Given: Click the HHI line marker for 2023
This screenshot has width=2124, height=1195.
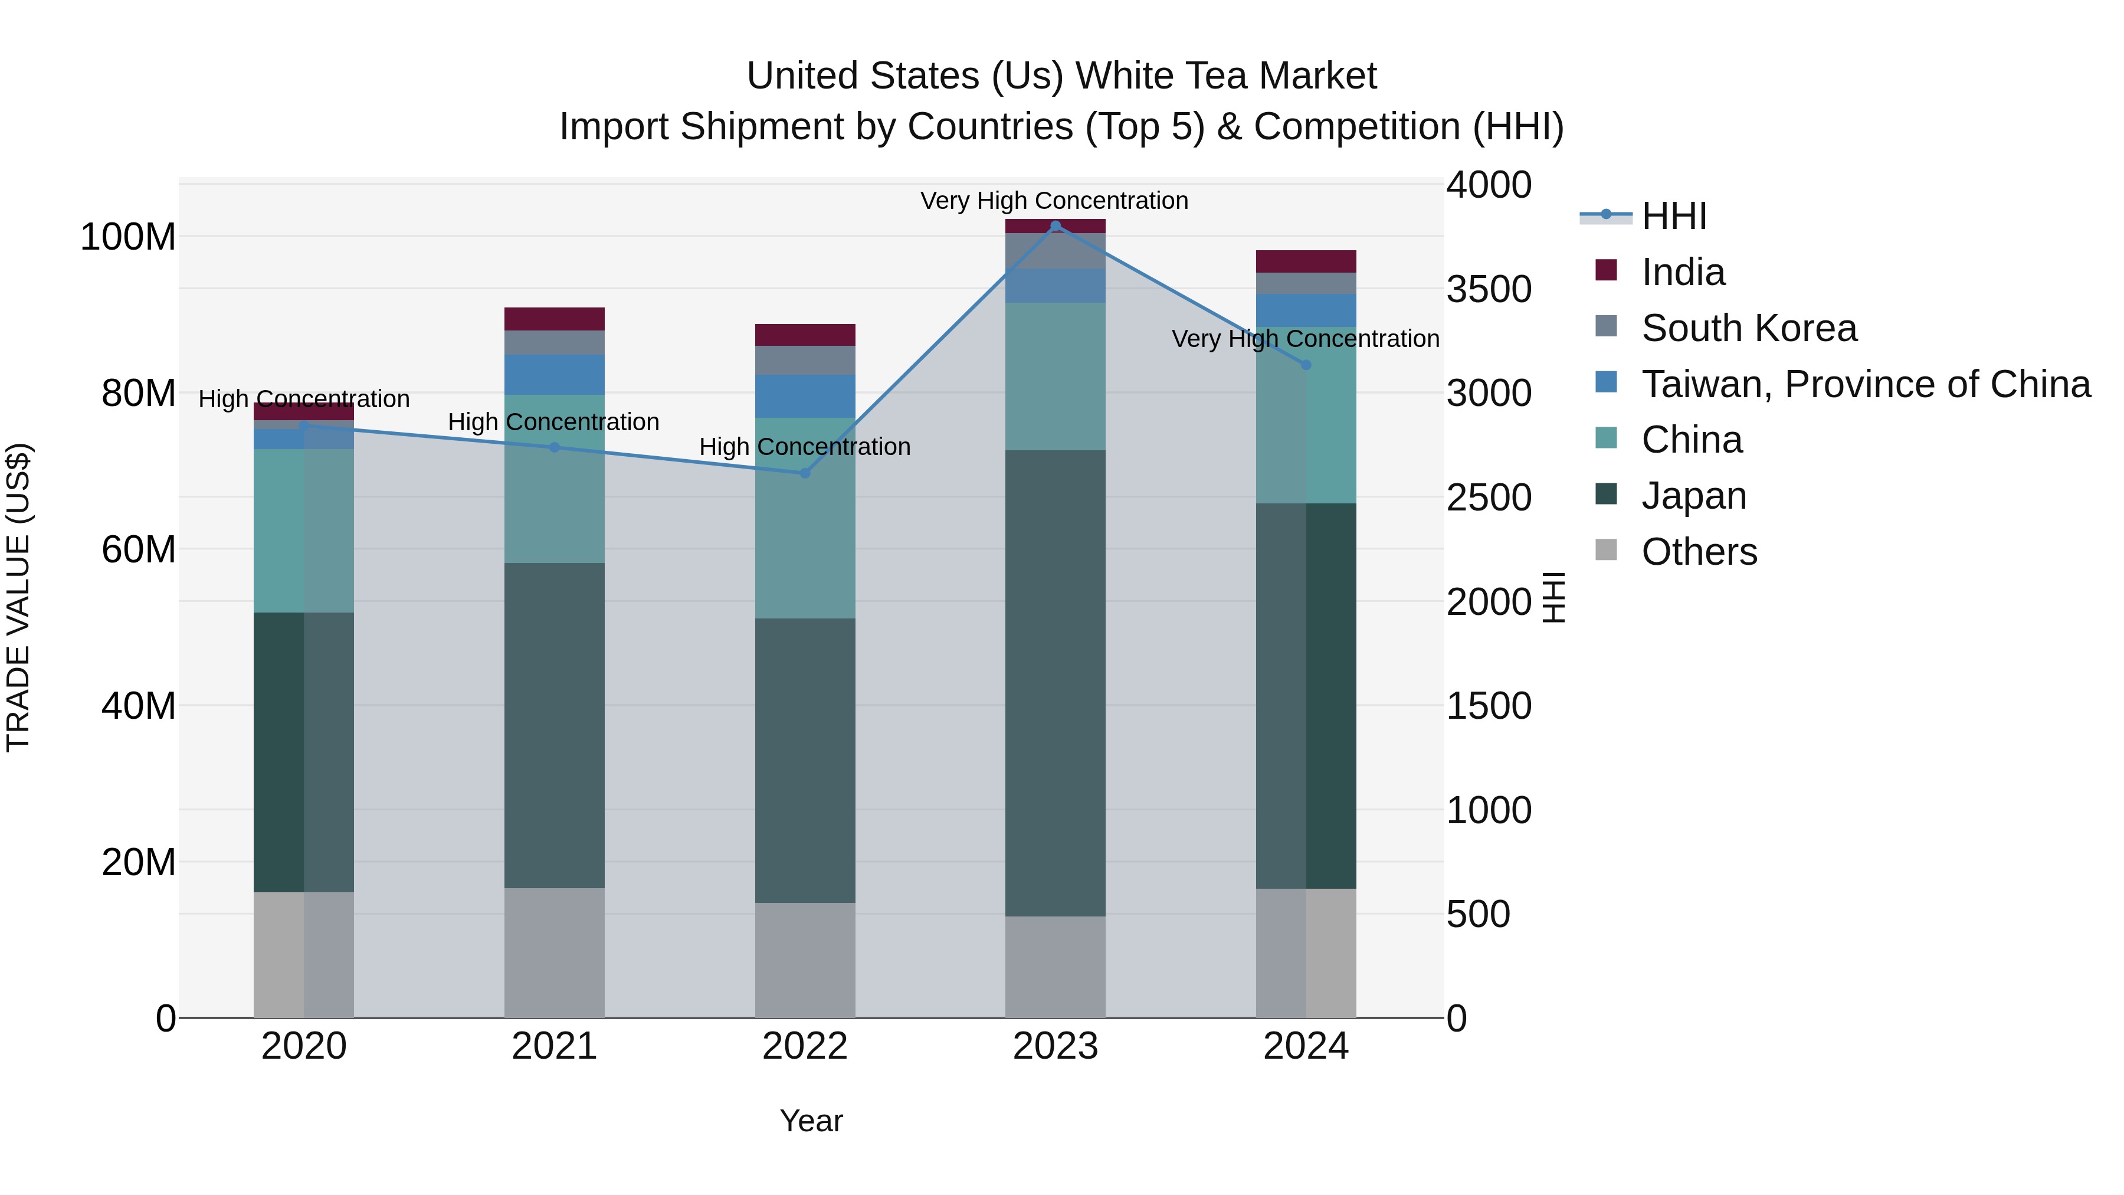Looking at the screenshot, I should tap(1056, 226).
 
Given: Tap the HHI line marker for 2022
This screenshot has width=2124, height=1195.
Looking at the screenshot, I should tap(805, 473).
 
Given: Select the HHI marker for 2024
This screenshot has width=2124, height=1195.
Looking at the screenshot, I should tap(1306, 365).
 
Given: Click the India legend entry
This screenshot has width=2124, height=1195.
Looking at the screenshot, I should tap(1682, 272).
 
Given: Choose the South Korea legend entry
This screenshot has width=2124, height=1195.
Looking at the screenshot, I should tap(1748, 328).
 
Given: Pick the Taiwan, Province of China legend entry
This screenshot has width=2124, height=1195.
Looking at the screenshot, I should tap(1865, 384).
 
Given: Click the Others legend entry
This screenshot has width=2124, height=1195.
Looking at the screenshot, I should tap(1699, 552).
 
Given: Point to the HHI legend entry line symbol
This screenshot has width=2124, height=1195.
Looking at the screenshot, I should tap(1605, 216).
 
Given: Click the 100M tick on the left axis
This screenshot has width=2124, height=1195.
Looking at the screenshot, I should tap(128, 237).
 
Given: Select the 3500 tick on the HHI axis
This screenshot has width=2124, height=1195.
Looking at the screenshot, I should tap(1489, 290).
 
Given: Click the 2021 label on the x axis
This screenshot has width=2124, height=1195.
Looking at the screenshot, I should tap(554, 1046).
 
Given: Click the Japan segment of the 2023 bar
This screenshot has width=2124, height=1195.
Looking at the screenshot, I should tap(1056, 683).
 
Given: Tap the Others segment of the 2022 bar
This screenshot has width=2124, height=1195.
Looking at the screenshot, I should tap(805, 960).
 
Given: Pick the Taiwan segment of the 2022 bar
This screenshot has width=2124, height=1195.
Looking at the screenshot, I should tap(805, 396).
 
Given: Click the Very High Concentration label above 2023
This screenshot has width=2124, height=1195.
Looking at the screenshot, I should tap(1054, 201).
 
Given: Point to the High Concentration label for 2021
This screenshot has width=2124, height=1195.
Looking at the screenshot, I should tap(553, 423).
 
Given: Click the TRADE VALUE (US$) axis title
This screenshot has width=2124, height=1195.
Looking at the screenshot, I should tap(18, 597).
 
